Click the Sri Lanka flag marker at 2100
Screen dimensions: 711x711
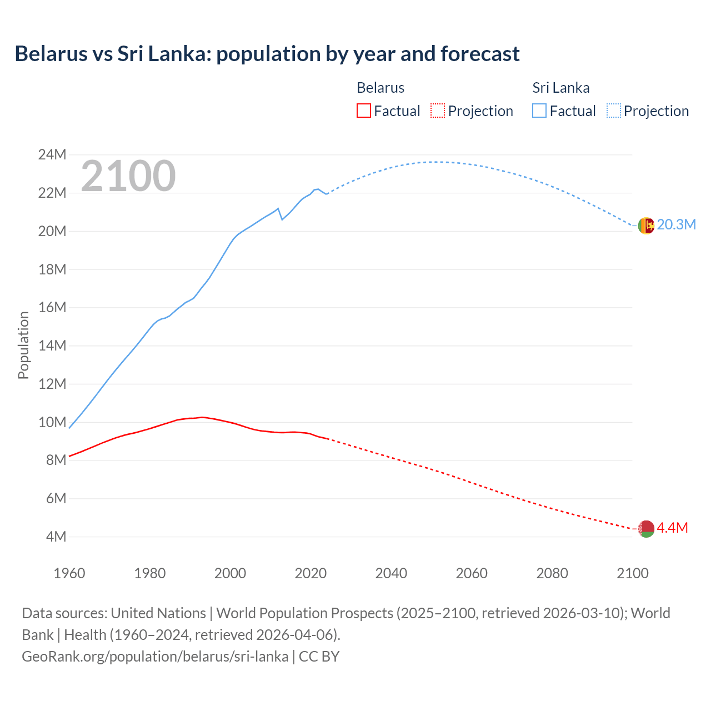(x=646, y=226)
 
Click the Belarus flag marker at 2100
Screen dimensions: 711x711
(x=646, y=529)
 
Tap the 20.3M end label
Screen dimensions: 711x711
(x=676, y=224)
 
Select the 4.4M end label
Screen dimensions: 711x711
(x=672, y=528)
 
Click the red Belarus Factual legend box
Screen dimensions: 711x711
(x=363, y=111)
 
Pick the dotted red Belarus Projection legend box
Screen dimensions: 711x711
(x=438, y=111)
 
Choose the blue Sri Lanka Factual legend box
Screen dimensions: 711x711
(x=539, y=111)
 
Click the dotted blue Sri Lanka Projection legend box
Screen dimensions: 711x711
(x=614, y=111)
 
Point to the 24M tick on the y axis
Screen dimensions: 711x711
(x=52, y=154)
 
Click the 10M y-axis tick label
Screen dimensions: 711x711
(x=52, y=422)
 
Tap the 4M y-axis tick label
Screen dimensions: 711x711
(x=56, y=537)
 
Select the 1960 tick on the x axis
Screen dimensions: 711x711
(x=69, y=573)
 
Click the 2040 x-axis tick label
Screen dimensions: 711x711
(x=391, y=573)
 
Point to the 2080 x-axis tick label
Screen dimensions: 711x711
(x=552, y=573)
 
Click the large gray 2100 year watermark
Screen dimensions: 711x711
(x=128, y=176)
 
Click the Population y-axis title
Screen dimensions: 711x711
(x=23, y=345)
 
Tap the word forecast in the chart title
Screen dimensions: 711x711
(x=480, y=54)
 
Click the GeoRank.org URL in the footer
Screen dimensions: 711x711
(x=155, y=657)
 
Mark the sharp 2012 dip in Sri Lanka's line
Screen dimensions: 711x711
(x=282, y=219)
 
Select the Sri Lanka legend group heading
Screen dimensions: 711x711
(x=561, y=88)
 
